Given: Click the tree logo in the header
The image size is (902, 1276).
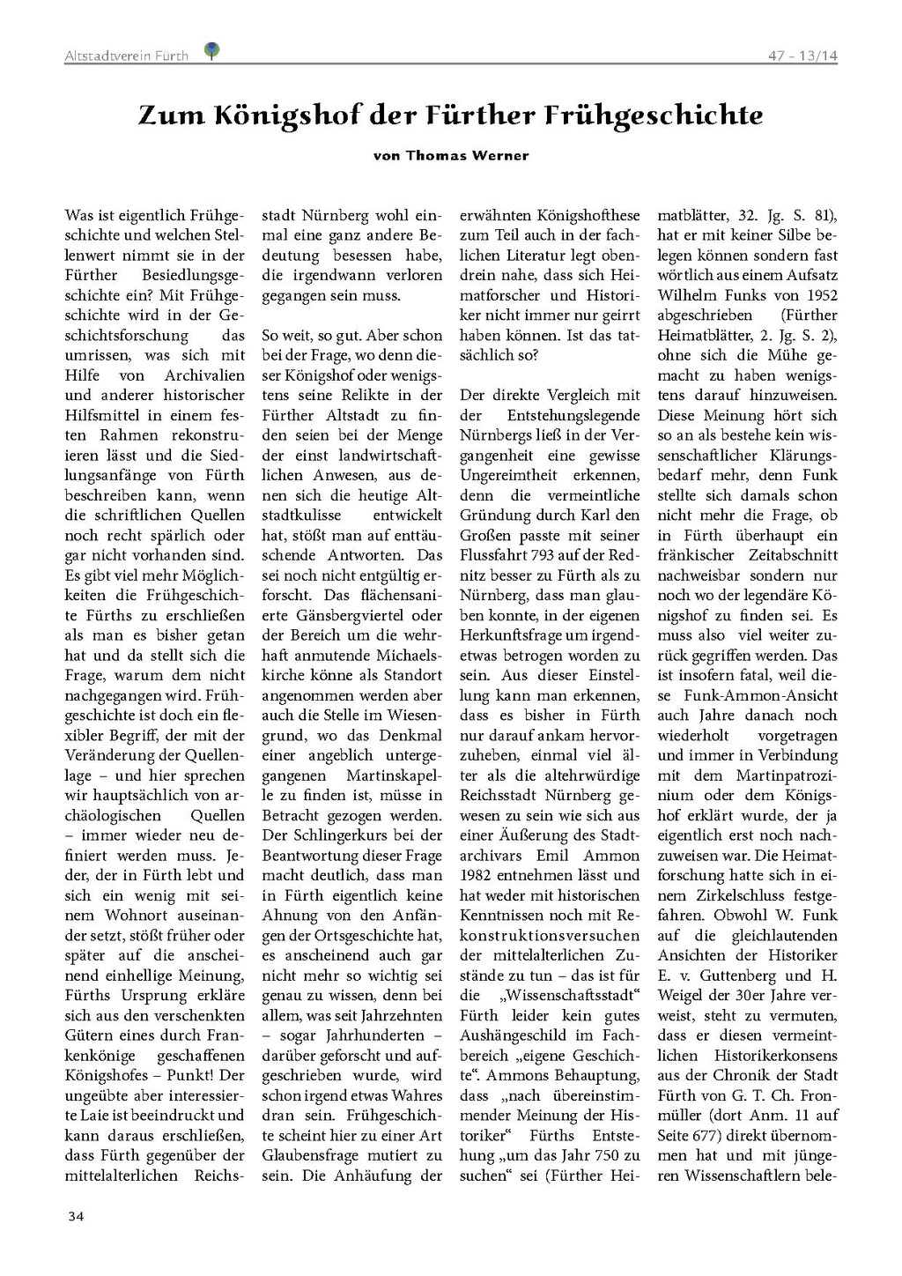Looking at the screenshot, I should pyautogui.click(x=211, y=51).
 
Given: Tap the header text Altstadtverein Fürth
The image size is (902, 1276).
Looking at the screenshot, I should pyautogui.click(x=126, y=56).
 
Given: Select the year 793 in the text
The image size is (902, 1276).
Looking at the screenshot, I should pyautogui.click(x=545, y=555).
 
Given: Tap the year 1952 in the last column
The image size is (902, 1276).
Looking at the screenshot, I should pyautogui.click(x=819, y=295).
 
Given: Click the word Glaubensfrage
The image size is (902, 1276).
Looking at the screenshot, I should pyautogui.click(x=314, y=1155).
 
